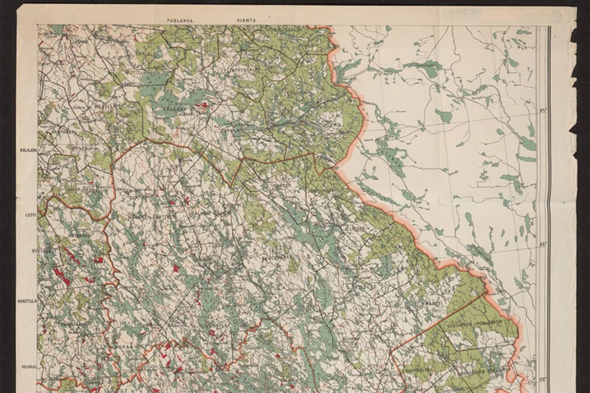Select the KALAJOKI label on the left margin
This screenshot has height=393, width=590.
point(28,150)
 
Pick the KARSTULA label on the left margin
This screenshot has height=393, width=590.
point(28,301)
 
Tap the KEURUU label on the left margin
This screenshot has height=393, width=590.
point(29,345)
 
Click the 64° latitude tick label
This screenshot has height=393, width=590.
point(542,111)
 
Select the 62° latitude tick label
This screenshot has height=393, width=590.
point(542,378)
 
